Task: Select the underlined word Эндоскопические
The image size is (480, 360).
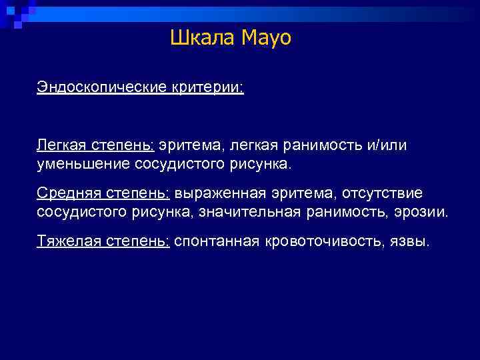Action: [99, 88]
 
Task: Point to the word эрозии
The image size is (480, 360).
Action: [424, 211]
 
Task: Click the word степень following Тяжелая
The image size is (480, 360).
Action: [138, 241]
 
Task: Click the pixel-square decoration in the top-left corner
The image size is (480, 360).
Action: [17, 13]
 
